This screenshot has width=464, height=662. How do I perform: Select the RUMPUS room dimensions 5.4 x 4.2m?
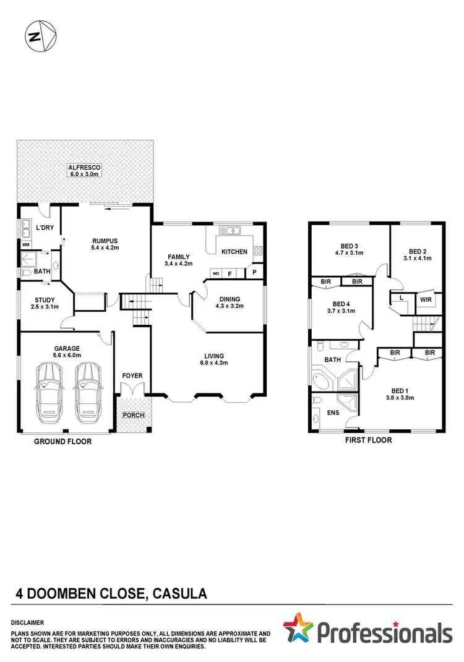point(105,247)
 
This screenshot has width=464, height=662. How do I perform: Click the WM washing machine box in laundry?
point(25,244)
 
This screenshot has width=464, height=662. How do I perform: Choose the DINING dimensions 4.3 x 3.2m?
point(228,306)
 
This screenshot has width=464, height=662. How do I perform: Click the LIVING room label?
point(215,356)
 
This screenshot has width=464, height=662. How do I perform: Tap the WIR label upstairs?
point(425,299)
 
